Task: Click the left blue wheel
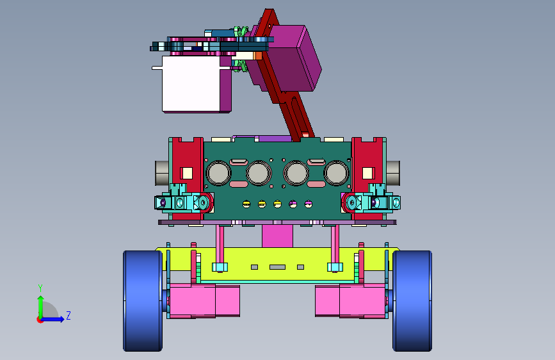click(143, 301)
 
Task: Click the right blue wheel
click(412, 301)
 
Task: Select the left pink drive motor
click(204, 300)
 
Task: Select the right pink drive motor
click(350, 300)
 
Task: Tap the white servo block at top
click(191, 84)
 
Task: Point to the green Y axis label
click(40, 288)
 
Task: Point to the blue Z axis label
click(68, 315)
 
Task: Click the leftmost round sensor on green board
click(218, 173)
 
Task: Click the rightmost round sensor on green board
click(336, 173)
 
